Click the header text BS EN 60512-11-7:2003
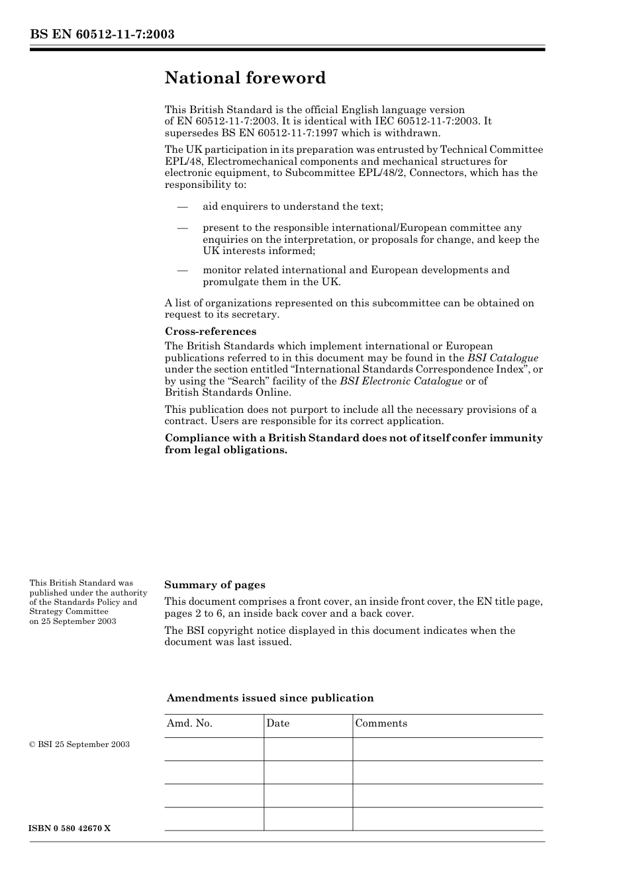click(102, 34)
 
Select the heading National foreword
click(245, 78)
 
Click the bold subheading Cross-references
click(210, 332)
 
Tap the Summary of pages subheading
click(215, 585)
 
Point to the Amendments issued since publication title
click(269, 698)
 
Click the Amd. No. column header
click(189, 723)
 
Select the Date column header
click(278, 723)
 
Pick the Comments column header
click(381, 723)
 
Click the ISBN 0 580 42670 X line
click(70, 829)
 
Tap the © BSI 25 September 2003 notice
click(79, 744)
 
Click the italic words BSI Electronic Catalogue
click(401, 381)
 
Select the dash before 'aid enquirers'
click(182, 207)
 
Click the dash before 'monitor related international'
click(182, 270)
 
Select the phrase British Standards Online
click(228, 392)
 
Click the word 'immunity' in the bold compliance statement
click(516, 438)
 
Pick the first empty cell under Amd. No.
click(214, 749)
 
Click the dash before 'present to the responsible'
click(182, 228)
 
